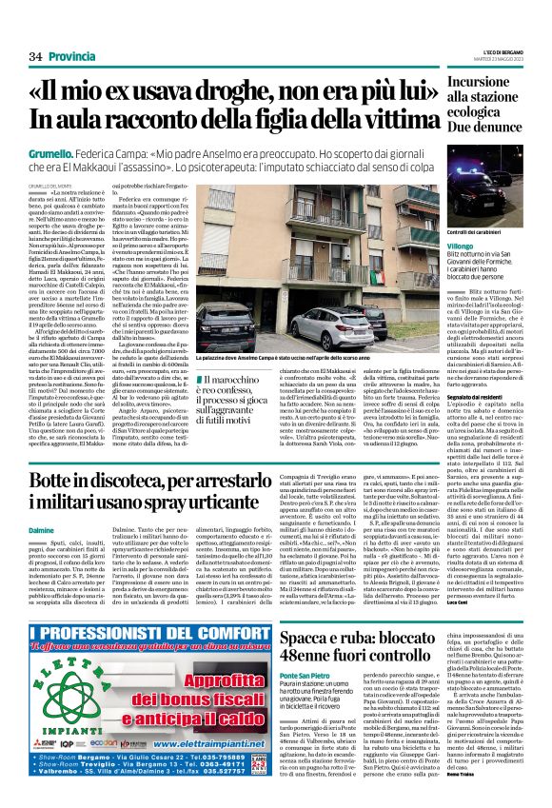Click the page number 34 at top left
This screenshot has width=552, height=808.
coord(35,58)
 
